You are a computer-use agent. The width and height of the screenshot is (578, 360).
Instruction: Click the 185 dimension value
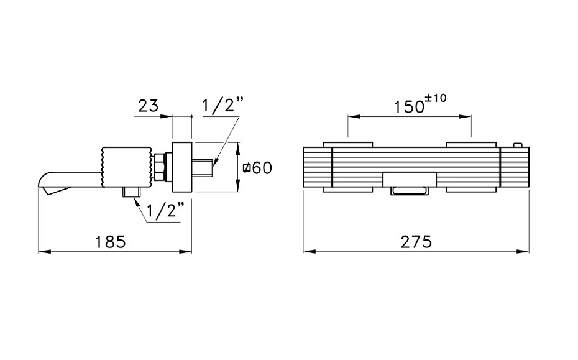[x=111, y=242]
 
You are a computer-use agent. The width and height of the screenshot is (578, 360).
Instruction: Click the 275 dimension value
[x=416, y=242]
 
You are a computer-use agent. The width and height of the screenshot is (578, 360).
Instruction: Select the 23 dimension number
[x=148, y=106]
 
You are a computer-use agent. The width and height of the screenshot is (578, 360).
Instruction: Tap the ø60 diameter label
[x=257, y=168]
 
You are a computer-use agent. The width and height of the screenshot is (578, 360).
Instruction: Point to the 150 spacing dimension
[x=409, y=107]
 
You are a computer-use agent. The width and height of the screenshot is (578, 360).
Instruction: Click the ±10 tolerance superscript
[x=436, y=98]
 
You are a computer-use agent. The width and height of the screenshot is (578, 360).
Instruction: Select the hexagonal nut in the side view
[x=160, y=167]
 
